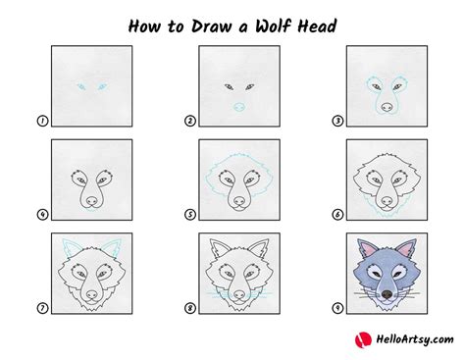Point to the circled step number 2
[x=190, y=122]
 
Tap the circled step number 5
[x=190, y=215]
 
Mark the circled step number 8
[x=190, y=308]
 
